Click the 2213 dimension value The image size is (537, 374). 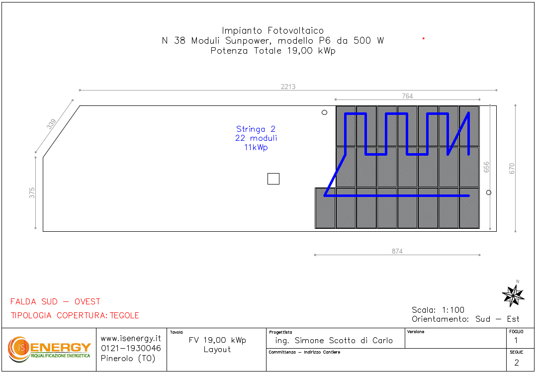coord(288,87)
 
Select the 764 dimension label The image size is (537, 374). coord(407,96)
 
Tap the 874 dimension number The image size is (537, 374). coord(397,251)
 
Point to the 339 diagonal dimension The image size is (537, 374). coord(51,124)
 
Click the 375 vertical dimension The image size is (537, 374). coord(32,193)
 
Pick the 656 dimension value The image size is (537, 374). coord(486,167)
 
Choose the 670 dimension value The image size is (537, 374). coord(512,169)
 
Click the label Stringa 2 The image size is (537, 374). coord(256,129)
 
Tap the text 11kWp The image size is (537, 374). coord(256,148)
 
